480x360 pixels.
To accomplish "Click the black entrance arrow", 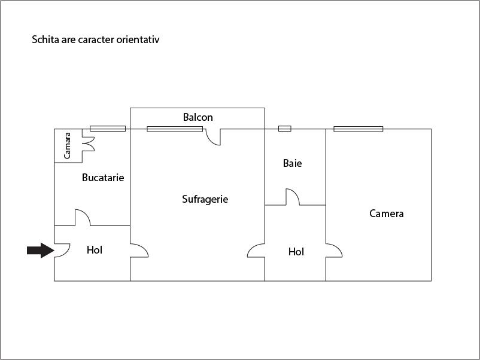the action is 41,250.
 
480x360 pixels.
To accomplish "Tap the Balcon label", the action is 198,117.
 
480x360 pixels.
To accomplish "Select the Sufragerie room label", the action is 205,199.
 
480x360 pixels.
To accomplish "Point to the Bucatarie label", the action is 103,178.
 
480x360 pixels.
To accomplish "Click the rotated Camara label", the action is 67,145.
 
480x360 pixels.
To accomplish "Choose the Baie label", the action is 292,163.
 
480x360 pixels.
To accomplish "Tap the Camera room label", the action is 386,213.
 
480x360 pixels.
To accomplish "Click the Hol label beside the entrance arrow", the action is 95,250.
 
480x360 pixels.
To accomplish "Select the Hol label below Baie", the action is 296,252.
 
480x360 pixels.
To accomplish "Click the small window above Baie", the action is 285,129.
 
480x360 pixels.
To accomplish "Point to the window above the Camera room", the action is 358,129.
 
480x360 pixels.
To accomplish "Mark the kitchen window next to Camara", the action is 108,129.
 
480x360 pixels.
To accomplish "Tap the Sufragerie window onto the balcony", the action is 175,129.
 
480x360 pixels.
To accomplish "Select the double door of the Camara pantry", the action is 89,144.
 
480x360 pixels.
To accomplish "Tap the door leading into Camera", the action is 334,251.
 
